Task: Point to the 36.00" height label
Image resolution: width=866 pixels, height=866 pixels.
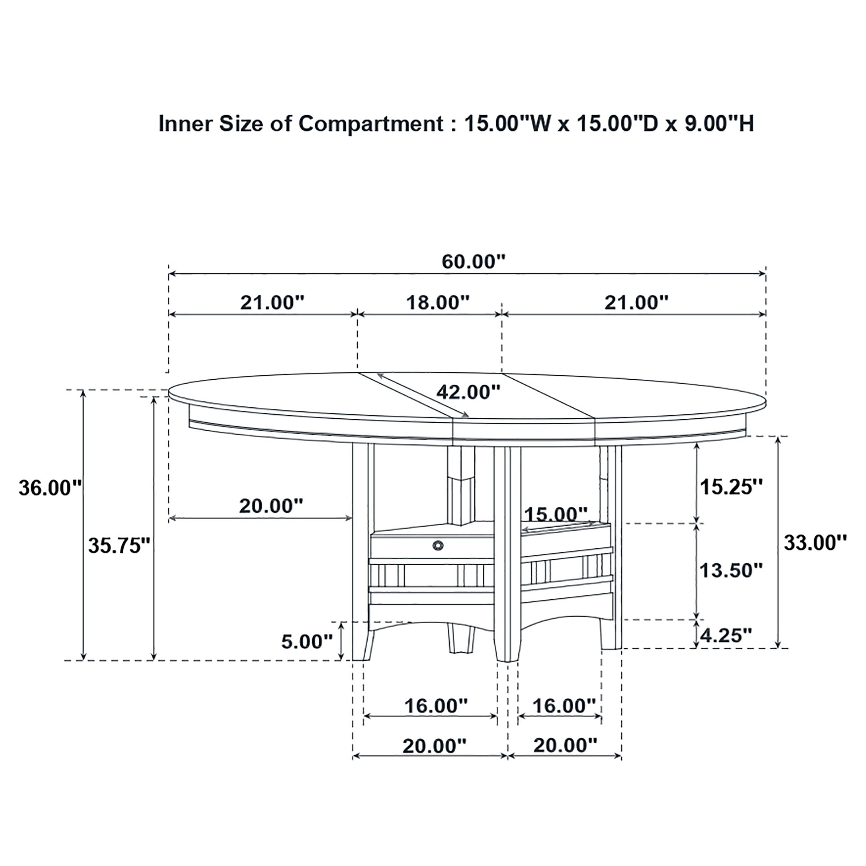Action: (x=50, y=488)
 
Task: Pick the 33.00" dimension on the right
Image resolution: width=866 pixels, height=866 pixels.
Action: (x=815, y=543)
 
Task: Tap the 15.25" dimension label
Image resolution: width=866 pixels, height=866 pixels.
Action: (x=731, y=487)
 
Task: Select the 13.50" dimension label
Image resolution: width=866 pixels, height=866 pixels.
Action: (x=731, y=571)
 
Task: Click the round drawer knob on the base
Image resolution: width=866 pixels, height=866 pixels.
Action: (x=438, y=545)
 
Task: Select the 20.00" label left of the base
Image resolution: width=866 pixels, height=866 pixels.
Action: (x=271, y=506)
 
